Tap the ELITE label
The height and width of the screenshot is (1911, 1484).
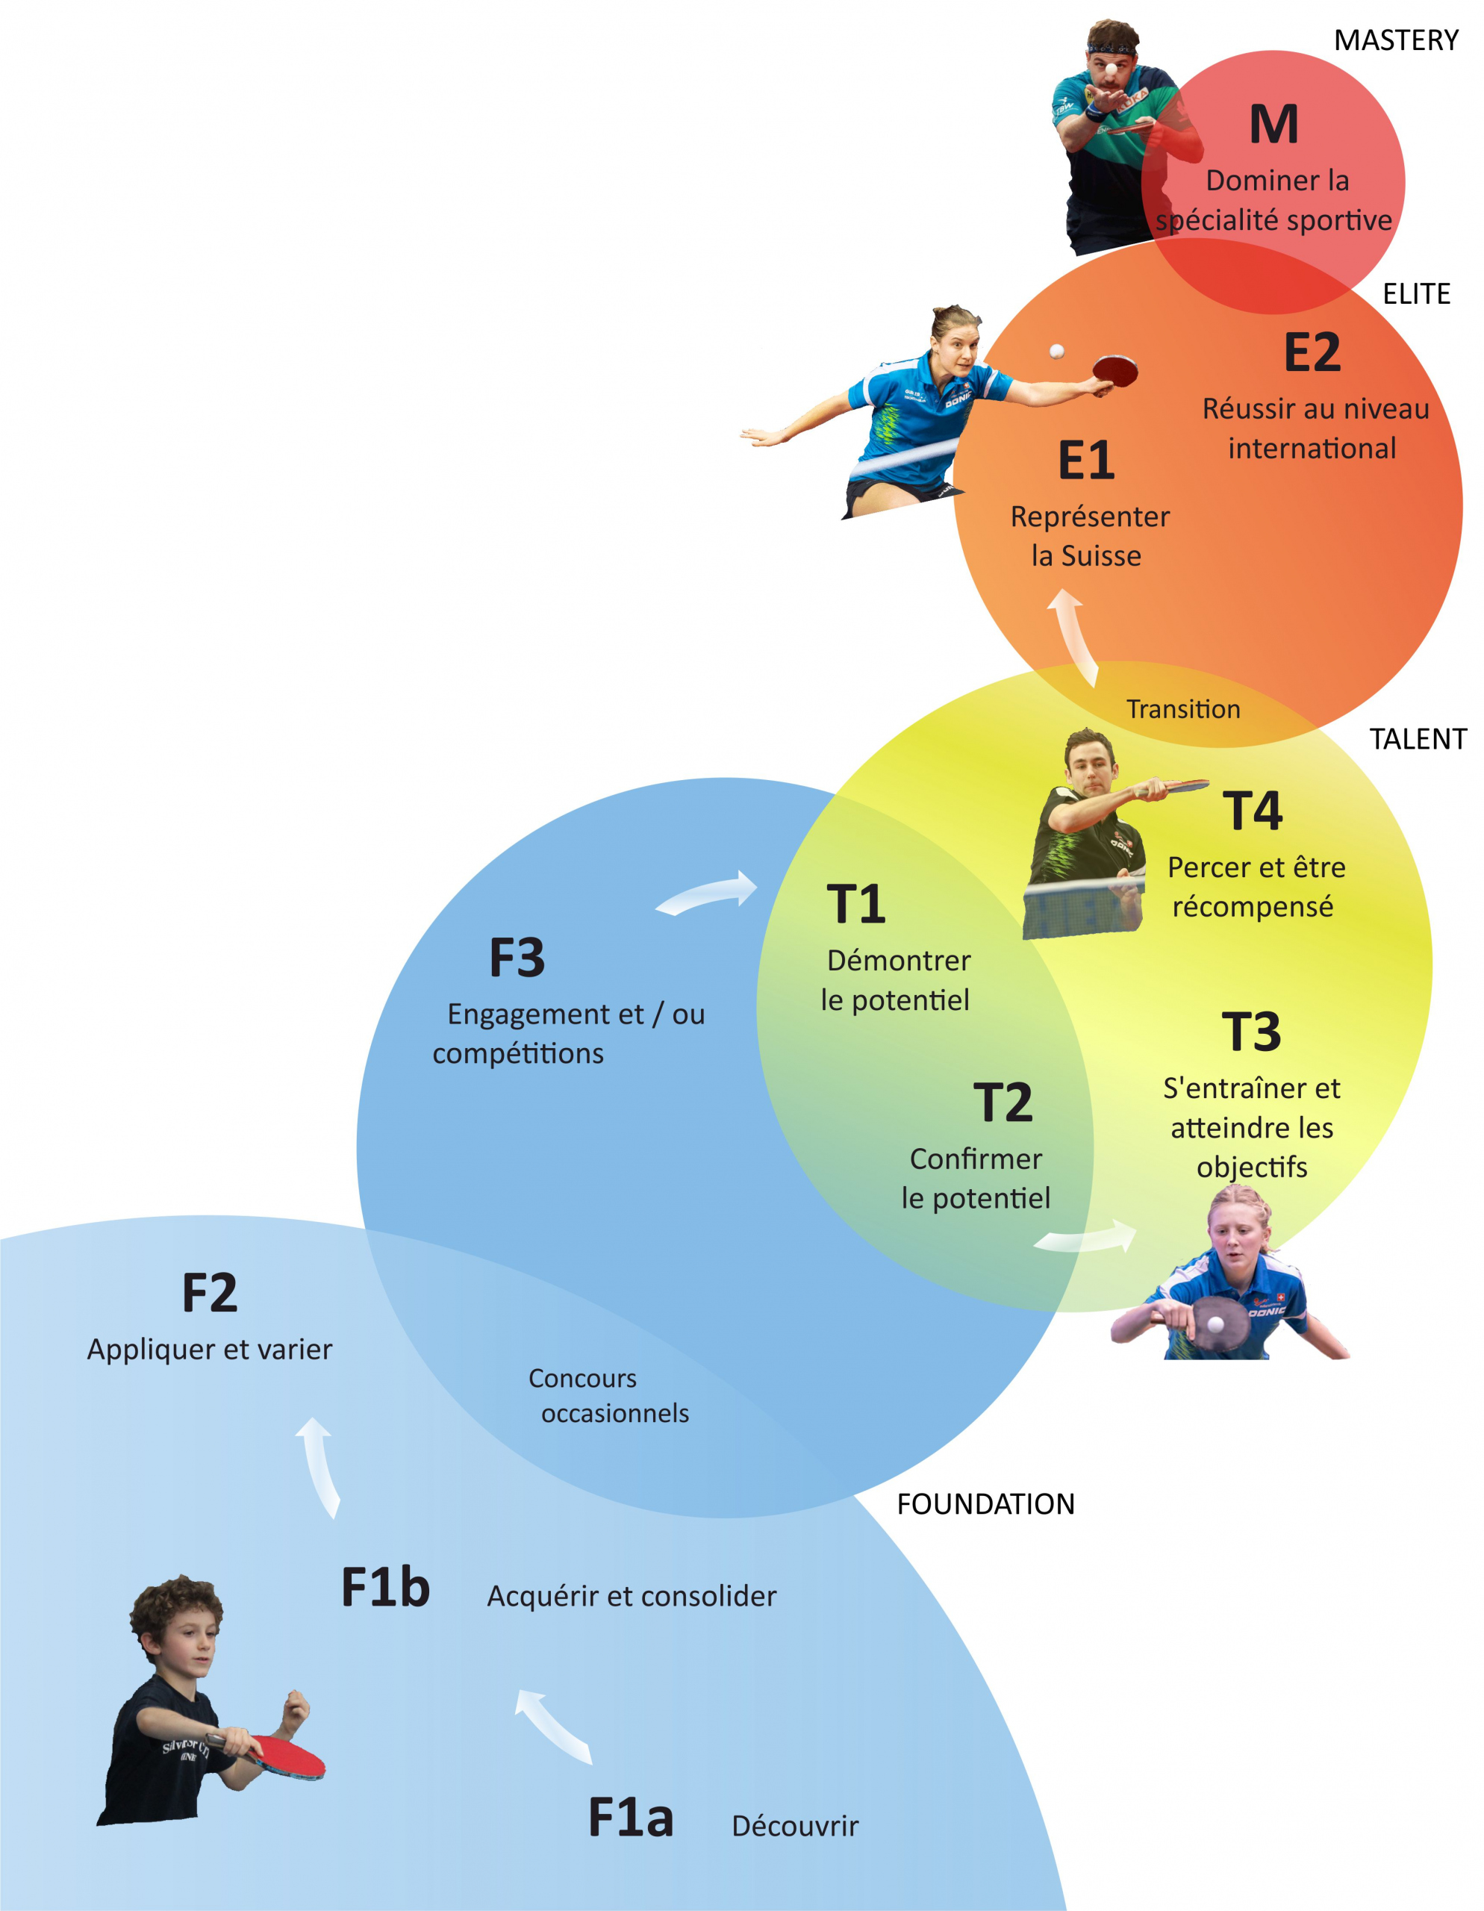pos(1416,294)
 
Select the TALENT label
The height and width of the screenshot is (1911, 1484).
pos(1418,739)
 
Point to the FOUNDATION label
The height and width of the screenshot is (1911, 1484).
pos(985,1504)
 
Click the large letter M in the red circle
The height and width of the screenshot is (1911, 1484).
pos(1273,125)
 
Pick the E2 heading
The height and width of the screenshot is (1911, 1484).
pos(1312,352)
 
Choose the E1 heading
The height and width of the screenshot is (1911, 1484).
pos(1086,461)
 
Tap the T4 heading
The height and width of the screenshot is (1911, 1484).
pos(1252,811)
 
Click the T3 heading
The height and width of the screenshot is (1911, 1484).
pos(1251,1032)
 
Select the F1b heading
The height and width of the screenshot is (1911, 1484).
pos(385,1587)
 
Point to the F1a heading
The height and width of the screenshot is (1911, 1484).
pos(630,1818)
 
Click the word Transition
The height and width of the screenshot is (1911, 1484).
pos(1183,708)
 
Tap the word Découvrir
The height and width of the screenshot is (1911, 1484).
pos(794,1826)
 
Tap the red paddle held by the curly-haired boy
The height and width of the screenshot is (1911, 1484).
pos(289,1756)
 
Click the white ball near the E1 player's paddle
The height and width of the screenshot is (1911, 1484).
pos(1057,351)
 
